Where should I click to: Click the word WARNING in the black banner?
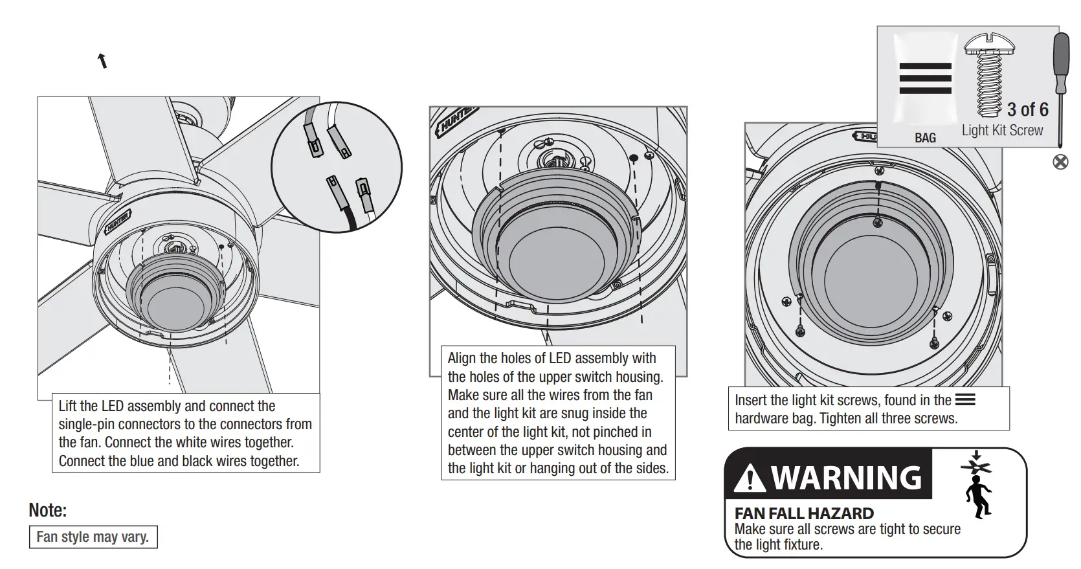847,478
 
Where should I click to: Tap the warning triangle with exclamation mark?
750,478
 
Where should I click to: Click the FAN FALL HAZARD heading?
804,513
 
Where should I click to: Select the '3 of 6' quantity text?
1027,109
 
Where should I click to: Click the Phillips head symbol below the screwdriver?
1060,162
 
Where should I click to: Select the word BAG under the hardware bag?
925,138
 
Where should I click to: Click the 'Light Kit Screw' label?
1002,130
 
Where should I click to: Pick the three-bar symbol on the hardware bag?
925,78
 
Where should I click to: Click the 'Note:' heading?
48,510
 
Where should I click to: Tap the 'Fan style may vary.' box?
93,537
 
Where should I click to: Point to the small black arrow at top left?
102,61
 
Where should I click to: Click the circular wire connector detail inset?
336,167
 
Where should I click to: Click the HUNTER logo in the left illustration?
118,221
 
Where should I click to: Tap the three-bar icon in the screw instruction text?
964,400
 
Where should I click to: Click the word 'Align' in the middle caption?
462,359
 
